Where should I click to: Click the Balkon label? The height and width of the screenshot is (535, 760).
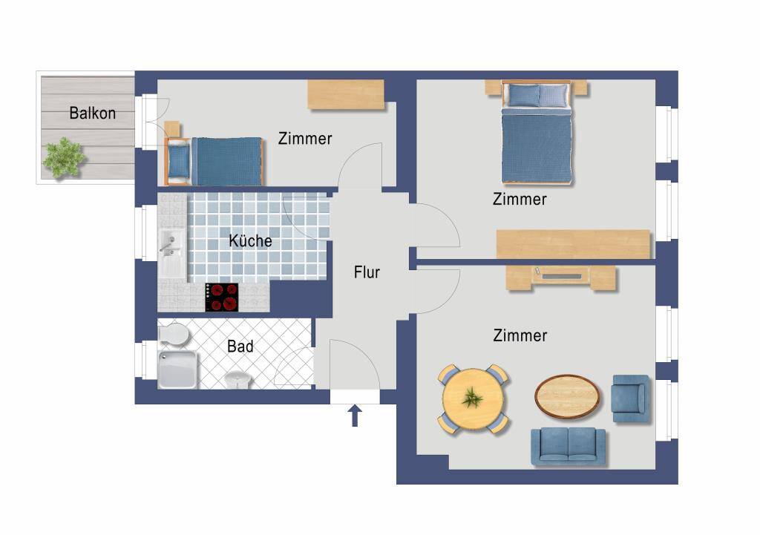click(x=93, y=113)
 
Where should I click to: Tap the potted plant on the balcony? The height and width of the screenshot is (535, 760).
click(x=64, y=157)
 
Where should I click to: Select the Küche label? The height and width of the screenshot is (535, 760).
click(x=250, y=240)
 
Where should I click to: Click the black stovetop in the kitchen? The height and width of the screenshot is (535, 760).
click(x=221, y=297)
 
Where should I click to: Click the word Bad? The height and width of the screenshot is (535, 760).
click(x=240, y=346)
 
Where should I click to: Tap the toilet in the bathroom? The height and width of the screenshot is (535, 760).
click(x=173, y=335)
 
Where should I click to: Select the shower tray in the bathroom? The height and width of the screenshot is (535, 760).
click(x=177, y=370)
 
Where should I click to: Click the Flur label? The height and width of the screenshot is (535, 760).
click(x=367, y=272)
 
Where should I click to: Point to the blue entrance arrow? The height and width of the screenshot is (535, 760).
click(x=356, y=416)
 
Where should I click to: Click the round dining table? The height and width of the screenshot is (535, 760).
click(x=473, y=399)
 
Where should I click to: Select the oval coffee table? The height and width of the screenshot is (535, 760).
click(x=567, y=396)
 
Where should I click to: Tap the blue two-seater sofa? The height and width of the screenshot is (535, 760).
click(x=568, y=447)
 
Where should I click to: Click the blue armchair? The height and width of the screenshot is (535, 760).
click(x=630, y=398)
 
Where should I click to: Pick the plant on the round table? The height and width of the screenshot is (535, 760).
click(x=472, y=398)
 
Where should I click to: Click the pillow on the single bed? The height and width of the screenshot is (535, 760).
click(x=179, y=161)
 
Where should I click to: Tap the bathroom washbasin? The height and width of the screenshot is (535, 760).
click(x=237, y=379)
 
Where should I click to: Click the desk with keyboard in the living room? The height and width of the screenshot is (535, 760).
click(x=561, y=278)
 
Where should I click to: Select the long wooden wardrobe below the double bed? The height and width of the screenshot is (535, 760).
click(x=573, y=243)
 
